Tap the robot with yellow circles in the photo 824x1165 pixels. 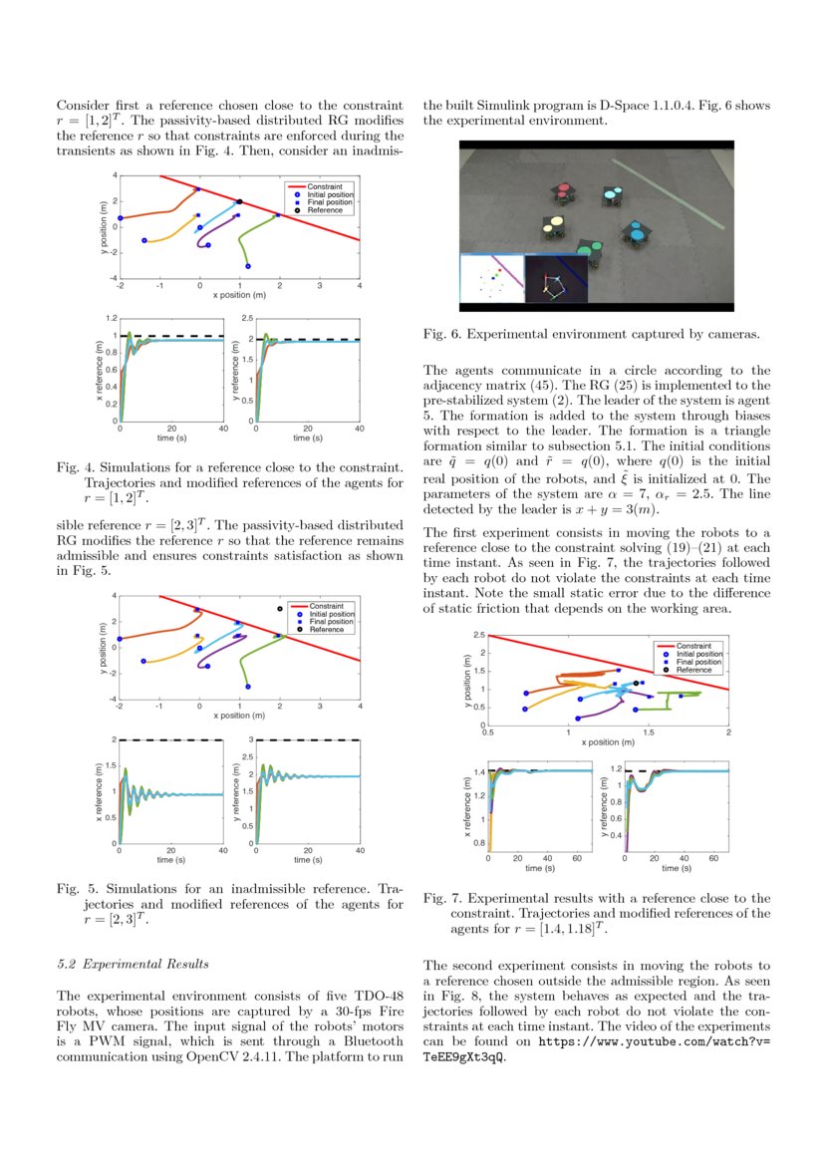pos(550,229)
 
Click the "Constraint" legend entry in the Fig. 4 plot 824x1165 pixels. pos(324,186)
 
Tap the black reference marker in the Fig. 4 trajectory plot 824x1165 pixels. pos(239,201)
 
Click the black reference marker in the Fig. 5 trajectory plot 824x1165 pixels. pos(280,608)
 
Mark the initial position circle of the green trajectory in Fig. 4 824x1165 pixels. pos(248,266)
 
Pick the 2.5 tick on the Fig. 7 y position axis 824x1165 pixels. pos(479,635)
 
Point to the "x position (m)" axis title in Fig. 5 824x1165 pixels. pos(239,715)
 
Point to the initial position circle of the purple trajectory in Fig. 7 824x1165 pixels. pos(578,718)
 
